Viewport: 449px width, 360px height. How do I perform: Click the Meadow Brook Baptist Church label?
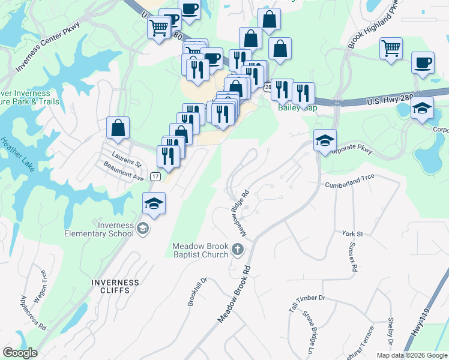pyautogui.click(x=200, y=250)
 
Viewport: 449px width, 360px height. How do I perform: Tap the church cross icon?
pyautogui.click(x=238, y=250)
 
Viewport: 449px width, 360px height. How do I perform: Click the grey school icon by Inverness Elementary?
pyautogui.click(x=143, y=228)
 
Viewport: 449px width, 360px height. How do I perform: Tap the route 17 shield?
pyautogui.click(x=155, y=176)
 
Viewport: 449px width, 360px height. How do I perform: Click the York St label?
pyautogui.click(x=352, y=233)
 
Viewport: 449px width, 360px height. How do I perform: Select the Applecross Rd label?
pyautogui.click(x=33, y=313)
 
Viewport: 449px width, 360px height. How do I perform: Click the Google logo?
pyautogui.click(x=20, y=353)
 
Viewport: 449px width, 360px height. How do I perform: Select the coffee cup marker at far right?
pyautogui.click(x=423, y=63)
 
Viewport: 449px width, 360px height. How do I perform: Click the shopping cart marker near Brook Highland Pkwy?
pyautogui.click(x=391, y=48)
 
